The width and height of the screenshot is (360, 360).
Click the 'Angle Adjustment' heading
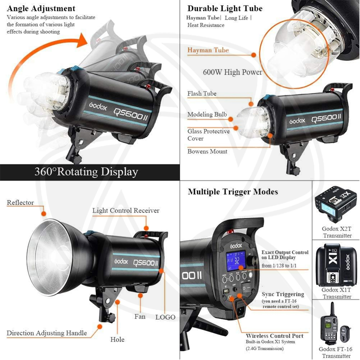point(41,8)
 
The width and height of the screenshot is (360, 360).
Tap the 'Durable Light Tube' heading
point(224,8)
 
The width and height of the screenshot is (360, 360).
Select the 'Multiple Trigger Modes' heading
point(233,192)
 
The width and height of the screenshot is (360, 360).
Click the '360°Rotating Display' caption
point(86,172)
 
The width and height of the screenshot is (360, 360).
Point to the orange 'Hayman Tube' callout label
point(208,50)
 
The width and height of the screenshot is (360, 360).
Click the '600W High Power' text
point(232,72)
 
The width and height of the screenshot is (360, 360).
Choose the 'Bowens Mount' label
point(207,151)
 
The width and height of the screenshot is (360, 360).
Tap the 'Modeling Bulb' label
point(207,115)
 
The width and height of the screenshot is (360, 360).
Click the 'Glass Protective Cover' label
point(208,134)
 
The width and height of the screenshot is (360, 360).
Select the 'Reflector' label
point(20,202)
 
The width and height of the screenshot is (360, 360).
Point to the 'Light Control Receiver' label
point(125,210)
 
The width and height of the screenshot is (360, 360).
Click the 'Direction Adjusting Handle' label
point(46,333)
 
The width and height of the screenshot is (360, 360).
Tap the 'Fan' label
point(140,316)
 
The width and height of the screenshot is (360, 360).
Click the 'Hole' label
point(117,340)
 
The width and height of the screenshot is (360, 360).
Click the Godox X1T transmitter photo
point(336,264)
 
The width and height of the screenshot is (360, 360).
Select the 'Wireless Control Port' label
point(274,336)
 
